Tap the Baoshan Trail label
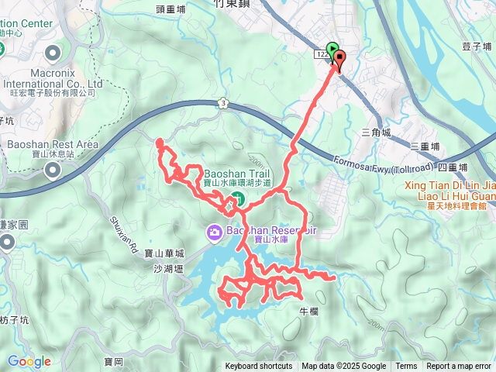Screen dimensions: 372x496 coord(238,174)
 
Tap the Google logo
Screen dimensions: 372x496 coord(29,361)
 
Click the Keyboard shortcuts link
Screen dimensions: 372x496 coord(259,367)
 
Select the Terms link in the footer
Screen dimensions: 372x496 coord(406,367)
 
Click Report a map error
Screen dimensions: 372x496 coord(459,367)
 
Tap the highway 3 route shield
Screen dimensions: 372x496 coord(222,103)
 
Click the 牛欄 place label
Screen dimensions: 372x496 coord(308,311)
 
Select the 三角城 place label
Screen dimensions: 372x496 coord(377,133)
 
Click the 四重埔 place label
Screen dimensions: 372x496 coord(453,167)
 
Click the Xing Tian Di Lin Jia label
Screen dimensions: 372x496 coord(450,185)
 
